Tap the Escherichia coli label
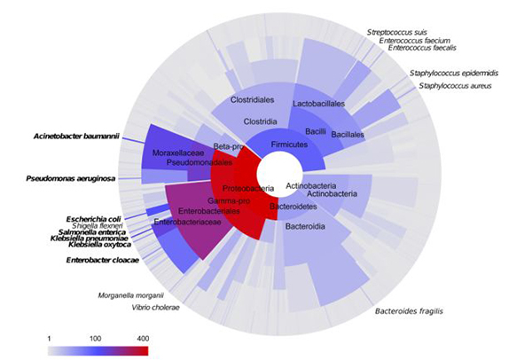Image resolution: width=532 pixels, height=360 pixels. (x=94, y=218)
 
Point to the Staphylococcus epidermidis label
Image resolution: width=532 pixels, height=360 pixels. (x=454, y=73)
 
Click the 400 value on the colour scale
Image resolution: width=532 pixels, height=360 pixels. (x=143, y=340)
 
